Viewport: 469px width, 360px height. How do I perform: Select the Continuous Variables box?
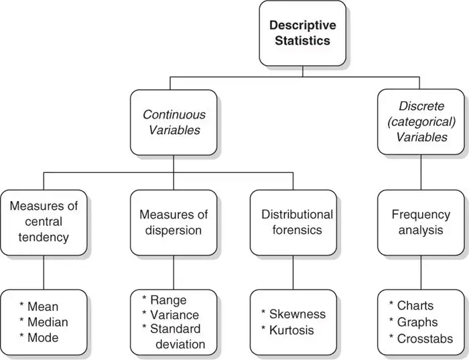[174, 122]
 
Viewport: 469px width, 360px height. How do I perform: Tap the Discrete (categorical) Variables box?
[421, 122]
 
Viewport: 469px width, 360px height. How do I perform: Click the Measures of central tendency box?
[44, 222]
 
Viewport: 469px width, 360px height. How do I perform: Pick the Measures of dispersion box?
[174, 222]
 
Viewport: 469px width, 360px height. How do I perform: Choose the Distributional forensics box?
[297, 222]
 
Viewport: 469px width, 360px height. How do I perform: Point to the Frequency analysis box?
[421, 222]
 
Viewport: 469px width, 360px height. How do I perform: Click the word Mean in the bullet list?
[43, 307]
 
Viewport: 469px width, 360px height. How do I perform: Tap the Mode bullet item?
[43, 338]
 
